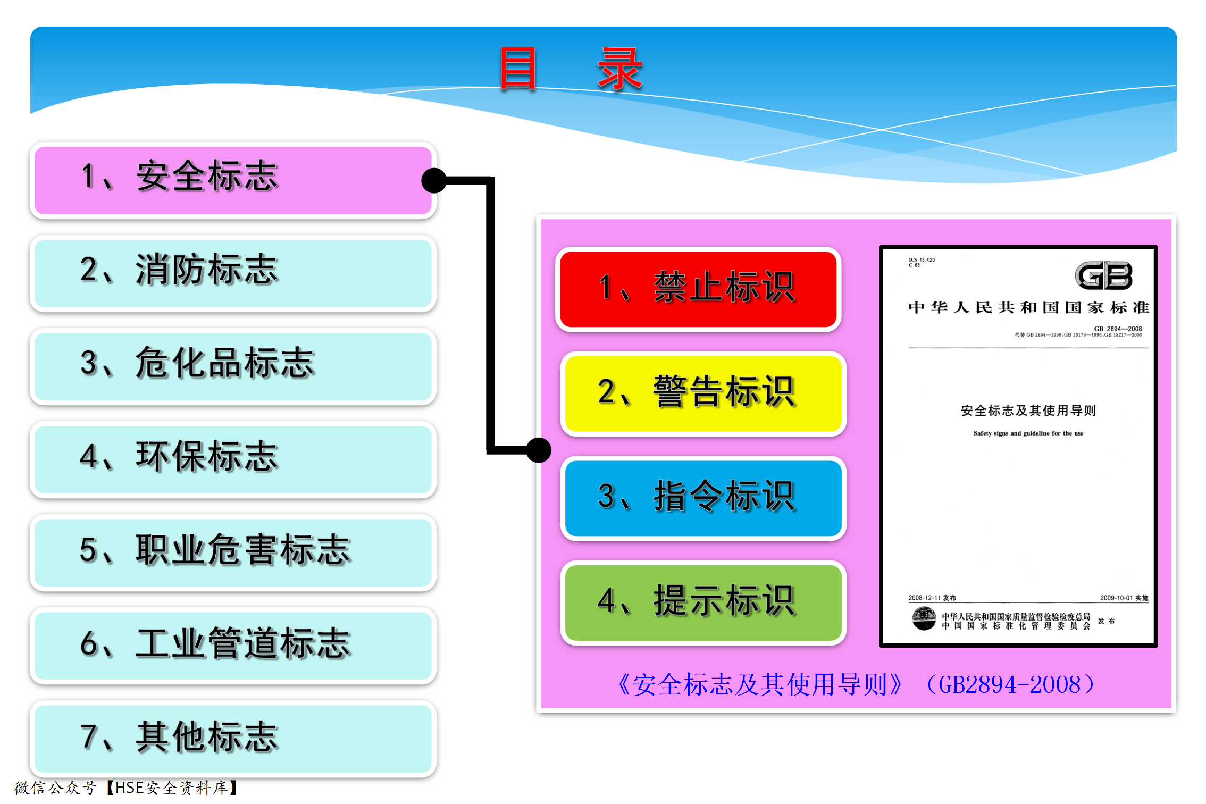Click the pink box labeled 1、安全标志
click(x=233, y=180)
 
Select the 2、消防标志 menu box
click(x=233, y=273)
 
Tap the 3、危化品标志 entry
click(x=233, y=366)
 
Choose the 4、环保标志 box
click(x=233, y=459)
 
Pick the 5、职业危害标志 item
click(x=233, y=552)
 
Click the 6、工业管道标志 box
click(x=233, y=646)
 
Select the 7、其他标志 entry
click(x=233, y=739)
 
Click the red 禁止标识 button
click(x=698, y=289)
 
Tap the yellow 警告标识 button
click(x=703, y=393)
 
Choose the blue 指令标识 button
click(x=703, y=498)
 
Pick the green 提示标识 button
click(x=703, y=602)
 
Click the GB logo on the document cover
click(x=1103, y=275)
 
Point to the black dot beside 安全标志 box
click(x=434, y=181)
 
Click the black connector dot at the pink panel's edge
click(x=539, y=450)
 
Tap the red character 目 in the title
click(x=517, y=68)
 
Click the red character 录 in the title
click(x=620, y=68)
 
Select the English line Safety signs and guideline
click(x=1028, y=433)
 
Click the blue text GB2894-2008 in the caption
click(x=1009, y=684)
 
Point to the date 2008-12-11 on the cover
click(x=925, y=598)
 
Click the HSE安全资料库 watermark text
click(x=172, y=788)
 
